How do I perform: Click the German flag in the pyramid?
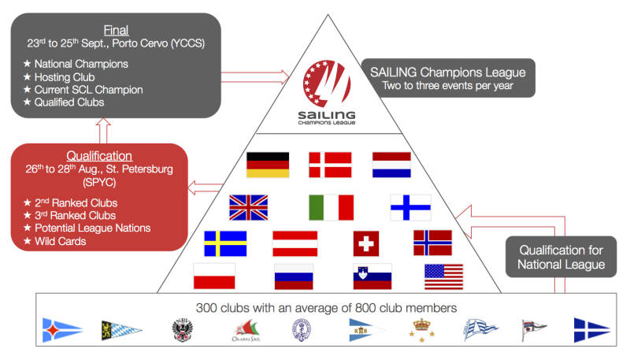[268, 165]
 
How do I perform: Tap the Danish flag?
[330, 165]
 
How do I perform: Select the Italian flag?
[331, 208]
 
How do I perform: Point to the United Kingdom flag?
[248, 208]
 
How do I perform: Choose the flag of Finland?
[410, 208]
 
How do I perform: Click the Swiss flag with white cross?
[366, 243]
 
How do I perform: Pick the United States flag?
[443, 276]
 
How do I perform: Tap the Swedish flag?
[225, 243]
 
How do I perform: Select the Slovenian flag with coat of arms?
[372, 276]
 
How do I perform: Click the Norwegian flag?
[432, 243]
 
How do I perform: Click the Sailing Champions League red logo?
[327, 84]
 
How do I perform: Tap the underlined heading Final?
[116, 30]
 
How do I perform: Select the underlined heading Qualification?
[99, 156]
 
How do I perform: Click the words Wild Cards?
[61, 241]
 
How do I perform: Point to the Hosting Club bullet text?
[65, 76]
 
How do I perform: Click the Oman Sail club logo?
[246, 331]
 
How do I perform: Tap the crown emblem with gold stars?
[421, 330]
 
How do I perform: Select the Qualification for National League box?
[561, 257]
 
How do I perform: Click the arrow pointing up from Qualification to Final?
[103, 131]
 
